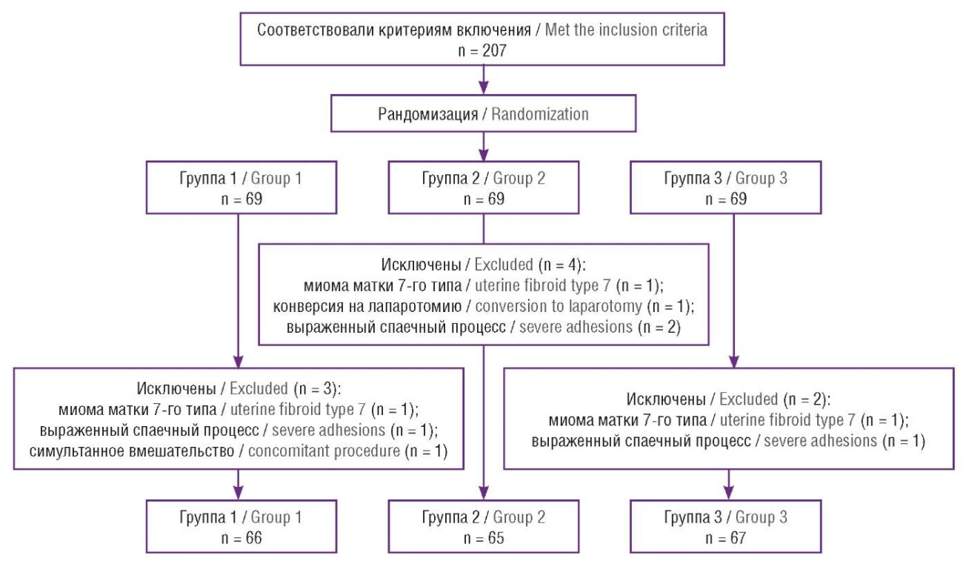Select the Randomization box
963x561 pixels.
click(x=483, y=115)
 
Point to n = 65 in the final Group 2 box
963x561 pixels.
click(x=483, y=537)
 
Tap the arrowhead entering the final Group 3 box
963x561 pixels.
click(x=727, y=493)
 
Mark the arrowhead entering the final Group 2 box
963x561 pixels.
click(x=483, y=493)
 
